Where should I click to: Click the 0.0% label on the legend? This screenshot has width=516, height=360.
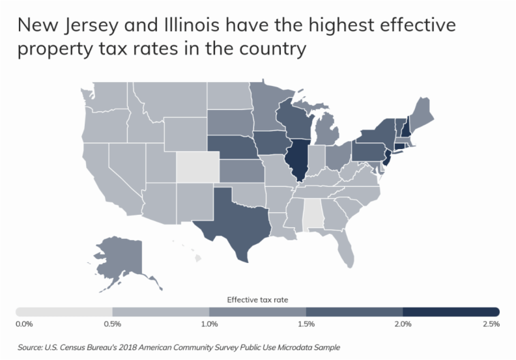coord(23,324)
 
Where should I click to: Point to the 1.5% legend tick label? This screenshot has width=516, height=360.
coord(306,324)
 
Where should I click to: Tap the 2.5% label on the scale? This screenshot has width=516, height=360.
coord(491,324)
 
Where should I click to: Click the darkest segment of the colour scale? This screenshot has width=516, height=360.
coord(451,311)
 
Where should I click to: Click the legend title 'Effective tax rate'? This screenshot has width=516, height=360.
coord(257,300)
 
